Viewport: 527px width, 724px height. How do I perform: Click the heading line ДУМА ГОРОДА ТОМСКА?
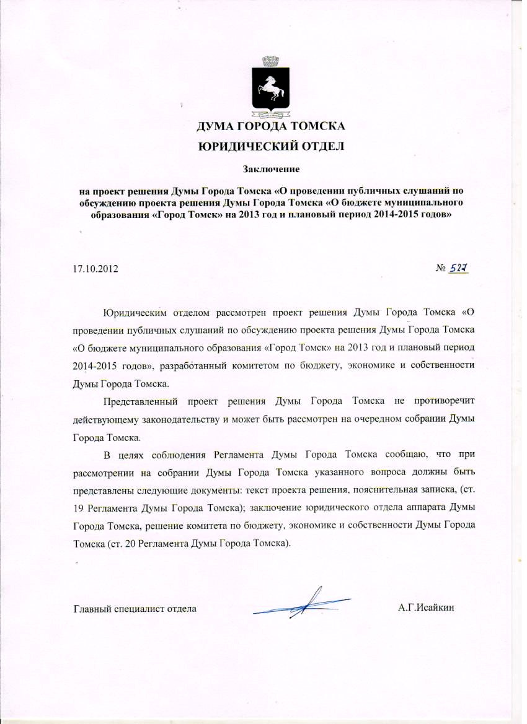click(x=270, y=128)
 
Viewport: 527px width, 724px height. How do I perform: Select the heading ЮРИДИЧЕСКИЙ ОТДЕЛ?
click(x=270, y=147)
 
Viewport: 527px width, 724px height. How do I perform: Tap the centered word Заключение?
click(x=271, y=168)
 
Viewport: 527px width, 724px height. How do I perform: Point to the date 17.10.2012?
click(x=95, y=269)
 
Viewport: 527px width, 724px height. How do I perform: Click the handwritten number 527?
click(x=459, y=268)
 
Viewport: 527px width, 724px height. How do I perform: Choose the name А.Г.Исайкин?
click(x=427, y=608)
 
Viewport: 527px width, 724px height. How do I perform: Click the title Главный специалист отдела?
click(x=135, y=608)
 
